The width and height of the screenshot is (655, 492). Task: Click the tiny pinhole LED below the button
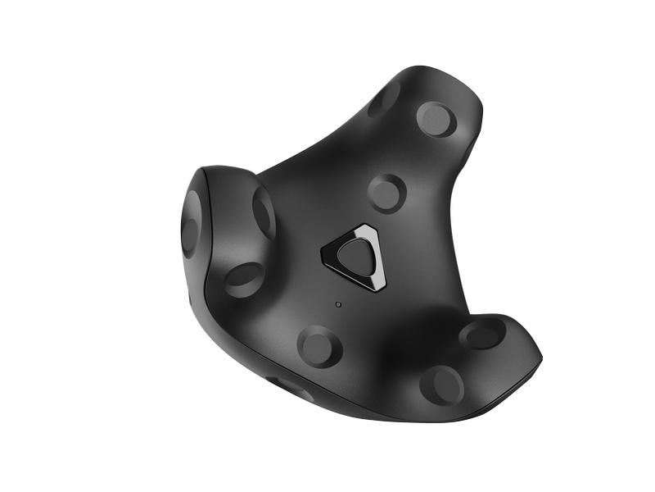point(338,304)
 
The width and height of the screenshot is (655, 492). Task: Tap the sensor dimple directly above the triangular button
point(386,194)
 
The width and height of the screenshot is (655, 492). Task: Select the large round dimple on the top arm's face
point(436,119)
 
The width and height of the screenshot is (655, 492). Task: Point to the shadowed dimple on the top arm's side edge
point(383,99)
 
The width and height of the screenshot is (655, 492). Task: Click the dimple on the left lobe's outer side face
point(192,223)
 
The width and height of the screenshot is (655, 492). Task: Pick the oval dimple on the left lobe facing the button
point(264,212)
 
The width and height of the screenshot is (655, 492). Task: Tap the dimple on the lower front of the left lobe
point(244,279)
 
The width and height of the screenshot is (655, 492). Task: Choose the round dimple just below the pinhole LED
point(319,345)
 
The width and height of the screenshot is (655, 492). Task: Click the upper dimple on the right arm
point(482,333)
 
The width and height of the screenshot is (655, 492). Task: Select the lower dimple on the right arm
point(442,385)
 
